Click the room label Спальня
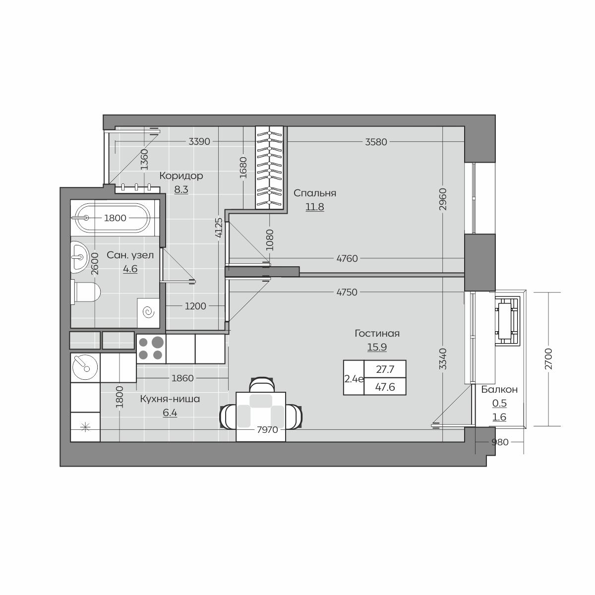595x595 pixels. point(315,193)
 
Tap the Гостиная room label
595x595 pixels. point(377,334)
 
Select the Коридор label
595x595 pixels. point(181,176)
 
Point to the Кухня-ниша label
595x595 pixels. point(170,399)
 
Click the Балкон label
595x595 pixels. point(499,389)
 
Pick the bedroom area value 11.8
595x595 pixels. point(315,207)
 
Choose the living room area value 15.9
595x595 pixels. point(377,347)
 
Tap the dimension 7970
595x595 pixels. point(267,429)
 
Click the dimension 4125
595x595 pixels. point(219,228)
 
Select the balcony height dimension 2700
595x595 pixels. point(548,359)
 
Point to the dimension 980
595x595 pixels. point(500,442)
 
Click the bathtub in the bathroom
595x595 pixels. point(113,218)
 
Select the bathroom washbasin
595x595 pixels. point(80,257)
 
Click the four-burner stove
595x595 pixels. point(151,349)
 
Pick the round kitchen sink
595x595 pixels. point(85,367)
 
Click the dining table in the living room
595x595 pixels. point(261,416)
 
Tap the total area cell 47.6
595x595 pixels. point(385,387)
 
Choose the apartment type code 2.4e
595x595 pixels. point(354,379)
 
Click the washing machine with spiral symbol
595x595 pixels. point(148,313)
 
